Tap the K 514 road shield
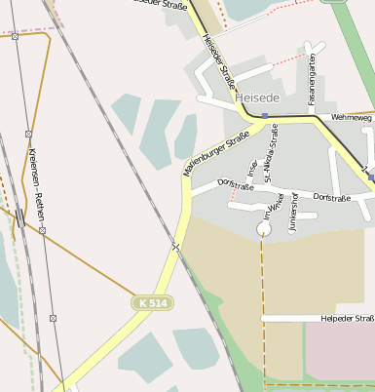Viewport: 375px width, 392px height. tap(153, 304)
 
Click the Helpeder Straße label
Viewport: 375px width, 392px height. tap(347, 318)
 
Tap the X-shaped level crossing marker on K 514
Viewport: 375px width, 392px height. tap(176, 246)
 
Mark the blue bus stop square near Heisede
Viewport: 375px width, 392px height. tap(264, 116)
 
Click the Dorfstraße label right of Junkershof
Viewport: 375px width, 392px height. tap(332, 197)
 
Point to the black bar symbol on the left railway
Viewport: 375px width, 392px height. tap(20, 217)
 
